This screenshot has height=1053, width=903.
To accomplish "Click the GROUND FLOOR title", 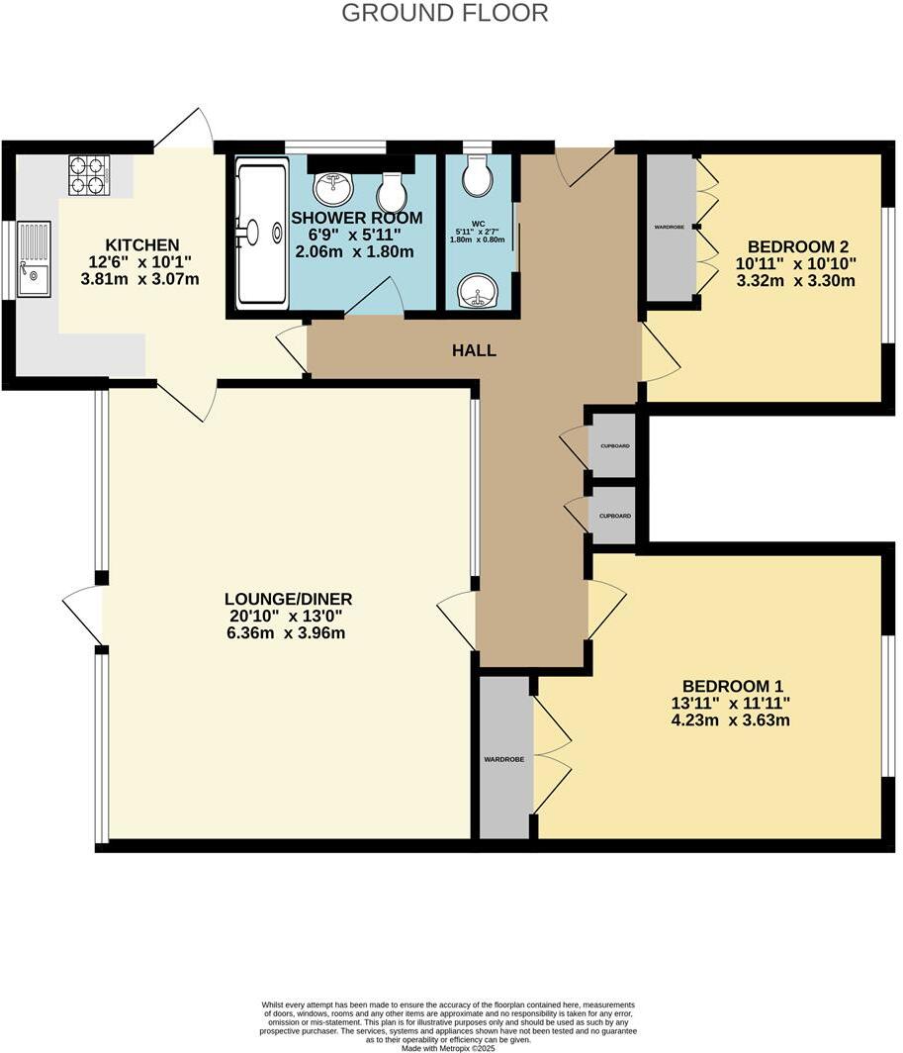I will [x=444, y=13].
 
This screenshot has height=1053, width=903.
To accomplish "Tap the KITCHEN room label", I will [x=143, y=244].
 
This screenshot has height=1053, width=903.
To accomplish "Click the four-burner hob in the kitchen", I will [x=87, y=174].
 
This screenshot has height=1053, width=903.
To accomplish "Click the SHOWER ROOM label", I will [x=356, y=218].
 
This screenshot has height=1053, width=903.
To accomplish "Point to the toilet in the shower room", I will [x=391, y=189].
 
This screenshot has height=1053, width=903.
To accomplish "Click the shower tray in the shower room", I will [x=262, y=236].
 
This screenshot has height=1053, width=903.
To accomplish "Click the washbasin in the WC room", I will [x=480, y=291].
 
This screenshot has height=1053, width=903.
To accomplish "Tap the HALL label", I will [x=474, y=350].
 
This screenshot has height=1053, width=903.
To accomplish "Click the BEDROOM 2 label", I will [x=798, y=247].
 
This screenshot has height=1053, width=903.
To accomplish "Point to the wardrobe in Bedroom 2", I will [x=671, y=227].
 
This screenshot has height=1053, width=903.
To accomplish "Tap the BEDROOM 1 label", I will [x=733, y=686].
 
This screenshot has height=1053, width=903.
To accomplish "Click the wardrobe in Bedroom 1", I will [x=503, y=758].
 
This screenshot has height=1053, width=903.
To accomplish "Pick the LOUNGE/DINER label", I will [x=288, y=599].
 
